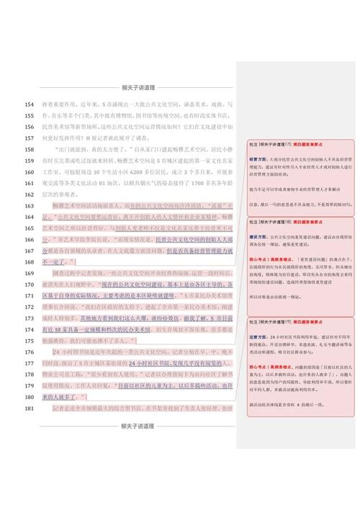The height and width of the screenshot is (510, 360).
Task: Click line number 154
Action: pyautogui.click(x=29, y=104)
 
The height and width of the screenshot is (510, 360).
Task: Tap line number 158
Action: pyautogui.click(x=29, y=149)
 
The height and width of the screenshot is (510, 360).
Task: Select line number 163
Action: pyautogui.click(x=29, y=205)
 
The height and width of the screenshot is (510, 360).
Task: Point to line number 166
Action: pyautogui.click(x=29, y=239)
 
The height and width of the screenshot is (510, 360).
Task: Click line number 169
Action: pyautogui.click(x=29, y=273)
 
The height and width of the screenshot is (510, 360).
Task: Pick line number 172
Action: pyautogui.click(x=29, y=307)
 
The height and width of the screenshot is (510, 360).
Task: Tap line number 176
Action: pyautogui.click(x=29, y=352)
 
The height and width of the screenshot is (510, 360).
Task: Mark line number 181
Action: pyautogui.click(x=29, y=408)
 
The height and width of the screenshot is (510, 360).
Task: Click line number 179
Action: pyautogui.click(x=29, y=386)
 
